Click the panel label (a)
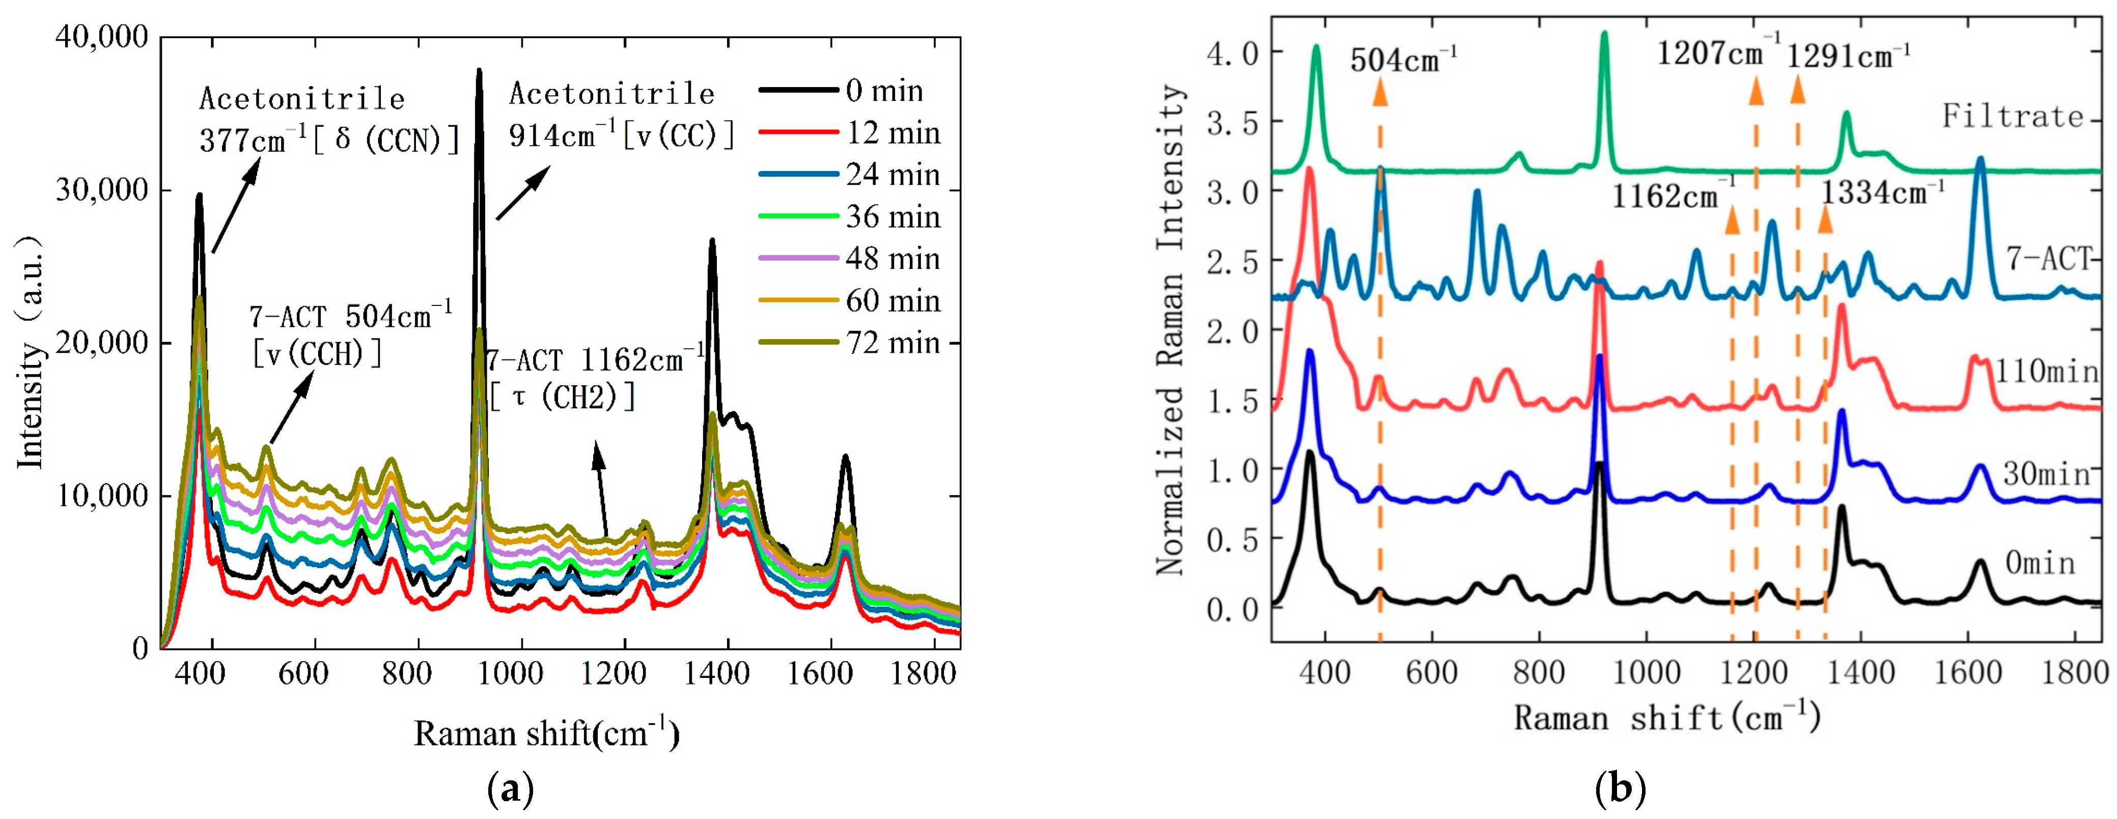pos(510,790)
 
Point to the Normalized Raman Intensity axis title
pos(1171,329)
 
